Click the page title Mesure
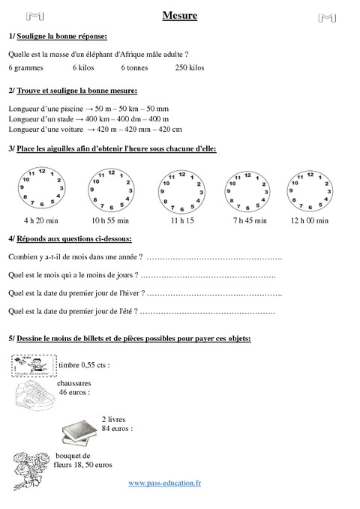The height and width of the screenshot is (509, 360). point(180,16)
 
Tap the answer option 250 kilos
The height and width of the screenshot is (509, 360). point(190,68)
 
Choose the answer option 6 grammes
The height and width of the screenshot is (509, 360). point(25,68)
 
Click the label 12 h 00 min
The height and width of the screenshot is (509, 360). point(309,221)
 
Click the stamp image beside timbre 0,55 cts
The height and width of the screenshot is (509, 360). point(33,366)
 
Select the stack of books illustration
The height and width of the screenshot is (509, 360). point(78,430)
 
